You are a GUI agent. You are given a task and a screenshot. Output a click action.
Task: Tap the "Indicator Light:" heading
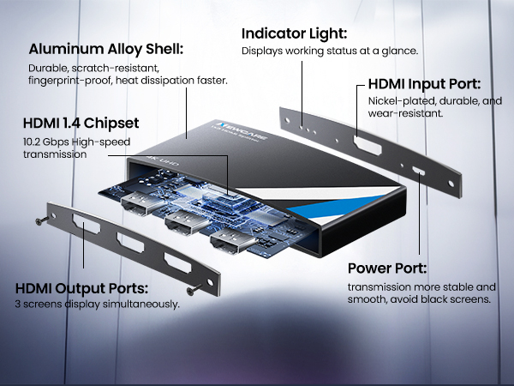(294, 33)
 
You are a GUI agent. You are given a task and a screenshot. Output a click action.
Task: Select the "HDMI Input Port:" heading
(423, 85)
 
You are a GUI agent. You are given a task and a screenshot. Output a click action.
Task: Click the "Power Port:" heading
(386, 267)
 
